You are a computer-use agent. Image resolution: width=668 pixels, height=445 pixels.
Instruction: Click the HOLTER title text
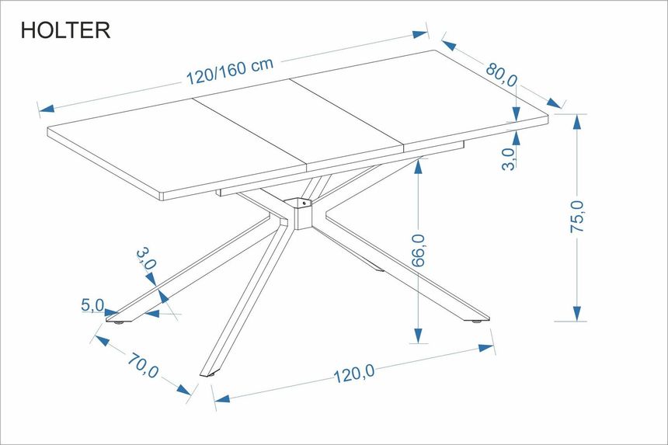point(65,30)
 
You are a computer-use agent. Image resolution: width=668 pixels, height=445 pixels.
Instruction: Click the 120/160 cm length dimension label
point(230,71)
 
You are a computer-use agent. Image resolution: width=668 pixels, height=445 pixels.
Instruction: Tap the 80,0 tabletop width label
point(502,75)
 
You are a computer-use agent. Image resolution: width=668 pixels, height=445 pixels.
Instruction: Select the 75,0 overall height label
point(577,216)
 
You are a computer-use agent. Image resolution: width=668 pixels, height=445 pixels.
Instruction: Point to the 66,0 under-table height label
point(419,250)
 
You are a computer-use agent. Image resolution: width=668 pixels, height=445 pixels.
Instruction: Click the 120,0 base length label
point(353,374)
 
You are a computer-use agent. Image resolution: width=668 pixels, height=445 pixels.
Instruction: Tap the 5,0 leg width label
point(92,305)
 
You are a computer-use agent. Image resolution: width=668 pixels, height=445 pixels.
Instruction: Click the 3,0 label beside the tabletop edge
point(508,159)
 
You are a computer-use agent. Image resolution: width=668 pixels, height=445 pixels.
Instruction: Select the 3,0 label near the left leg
point(147,259)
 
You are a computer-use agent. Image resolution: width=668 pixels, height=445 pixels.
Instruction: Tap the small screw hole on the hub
point(304,203)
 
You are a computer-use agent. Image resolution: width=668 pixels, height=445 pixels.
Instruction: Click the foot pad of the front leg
point(210,375)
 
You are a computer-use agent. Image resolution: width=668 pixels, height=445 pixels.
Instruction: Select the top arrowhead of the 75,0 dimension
point(577,122)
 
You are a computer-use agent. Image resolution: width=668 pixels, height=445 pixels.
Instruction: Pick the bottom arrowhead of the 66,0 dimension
point(419,335)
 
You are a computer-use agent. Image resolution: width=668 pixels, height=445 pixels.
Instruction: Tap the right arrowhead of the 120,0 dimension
point(486,348)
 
